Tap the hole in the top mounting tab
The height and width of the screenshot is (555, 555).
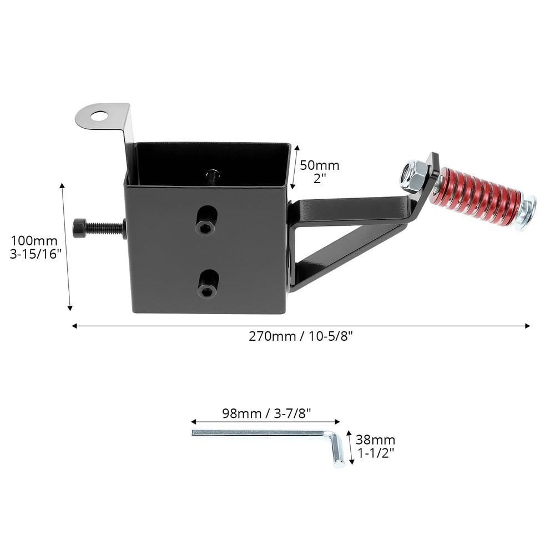pos(100,116)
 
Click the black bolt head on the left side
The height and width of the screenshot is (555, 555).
pos(79,228)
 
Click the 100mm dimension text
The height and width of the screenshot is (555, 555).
pos(34,241)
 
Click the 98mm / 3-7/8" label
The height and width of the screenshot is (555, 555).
pos(266,413)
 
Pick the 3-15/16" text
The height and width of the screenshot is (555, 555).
pos(34,257)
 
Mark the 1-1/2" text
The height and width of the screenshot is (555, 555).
pos(376,453)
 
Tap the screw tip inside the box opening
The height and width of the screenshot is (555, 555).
pos(213,176)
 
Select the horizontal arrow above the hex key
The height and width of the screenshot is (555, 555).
pos(265,422)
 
